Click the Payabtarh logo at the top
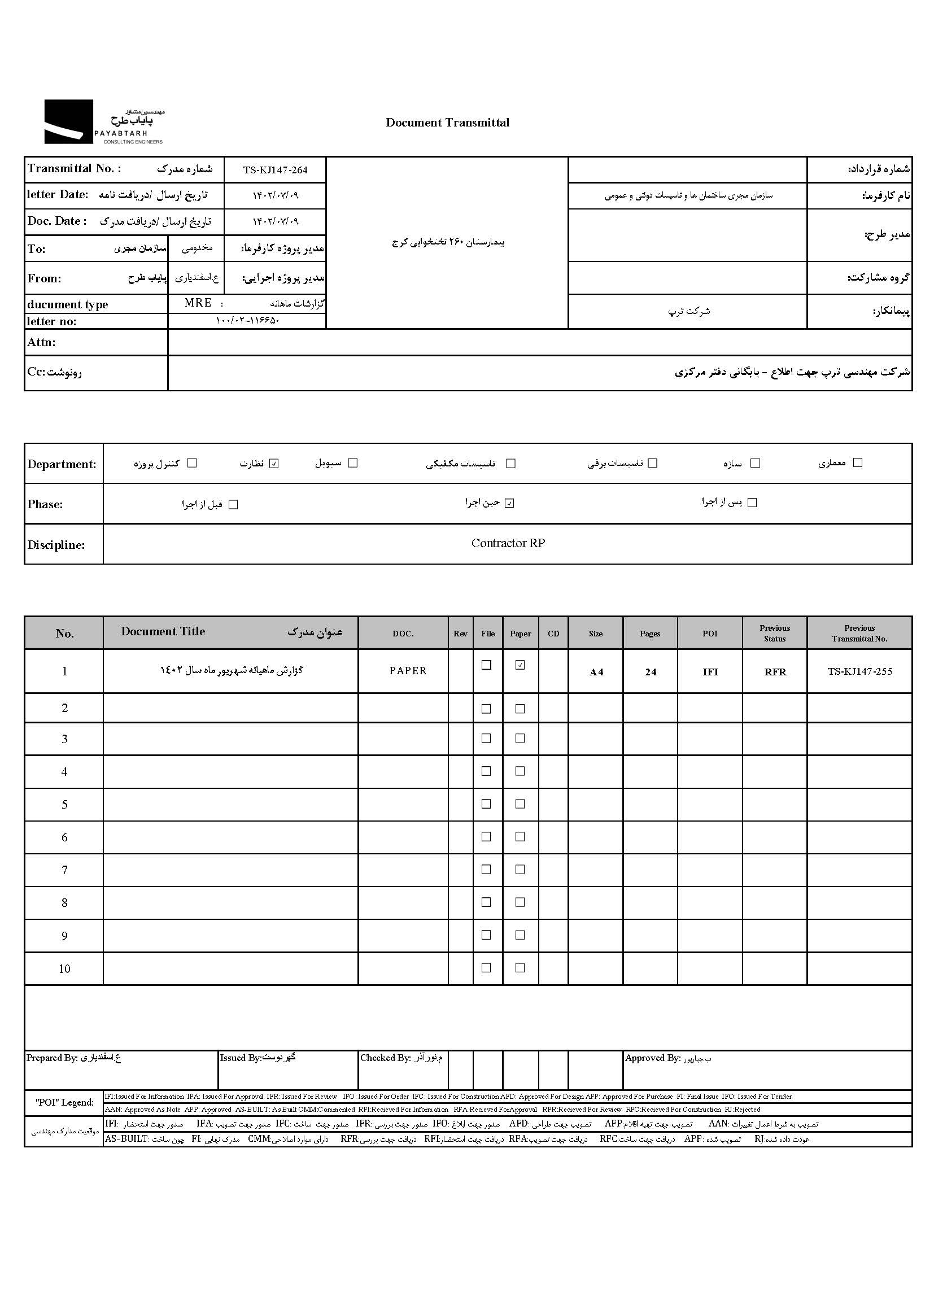click(104, 122)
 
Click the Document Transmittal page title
click(447, 123)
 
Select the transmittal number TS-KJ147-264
click(275, 170)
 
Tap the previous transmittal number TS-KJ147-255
click(859, 671)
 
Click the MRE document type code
click(198, 303)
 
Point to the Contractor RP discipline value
click(508, 543)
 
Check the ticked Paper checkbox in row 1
click(520, 665)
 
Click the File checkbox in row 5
click(486, 804)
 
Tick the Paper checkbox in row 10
click(520, 968)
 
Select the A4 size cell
click(596, 672)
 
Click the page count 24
click(651, 672)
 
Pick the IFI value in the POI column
click(710, 672)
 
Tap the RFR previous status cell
click(775, 672)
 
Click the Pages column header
click(650, 634)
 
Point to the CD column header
click(553, 634)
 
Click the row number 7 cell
click(64, 870)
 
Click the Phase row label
click(45, 504)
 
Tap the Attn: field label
click(41, 343)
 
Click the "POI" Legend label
click(64, 1102)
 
